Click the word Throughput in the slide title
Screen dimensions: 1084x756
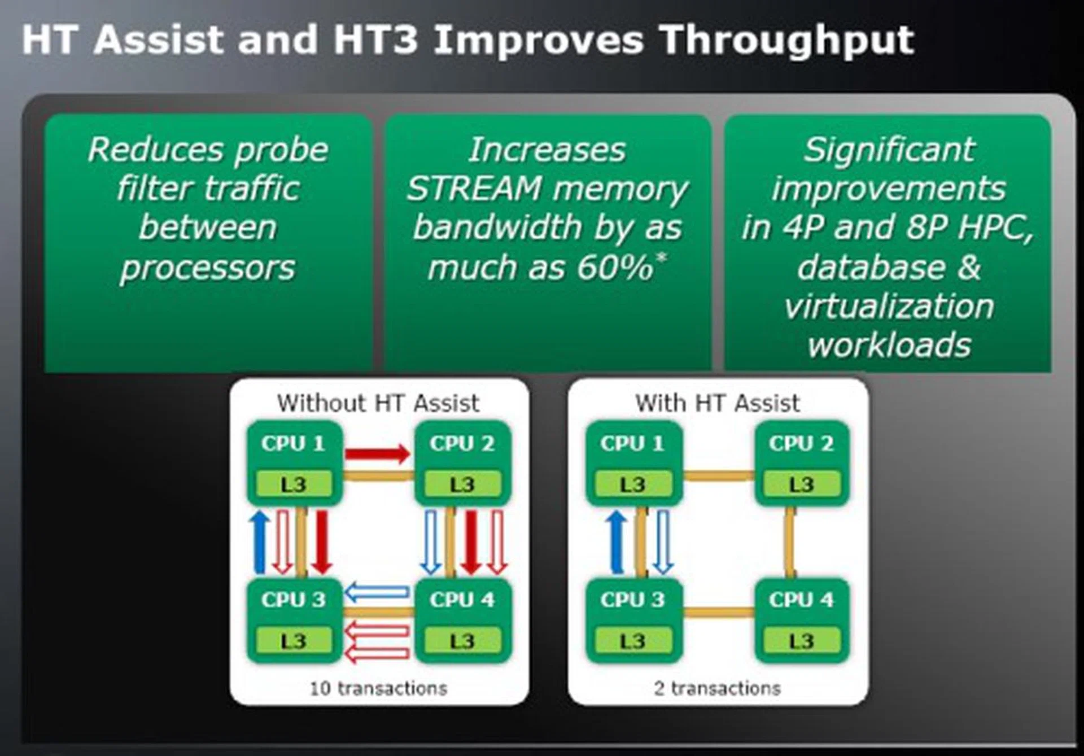coord(786,41)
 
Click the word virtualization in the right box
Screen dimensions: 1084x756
coord(889,306)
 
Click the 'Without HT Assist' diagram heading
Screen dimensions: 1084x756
coord(378,404)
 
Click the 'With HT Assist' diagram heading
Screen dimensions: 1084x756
coord(718,404)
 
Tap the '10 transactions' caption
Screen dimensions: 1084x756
coord(378,688)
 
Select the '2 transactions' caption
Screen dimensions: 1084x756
coord(718,688)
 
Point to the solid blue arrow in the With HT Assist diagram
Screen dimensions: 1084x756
coord(617,542)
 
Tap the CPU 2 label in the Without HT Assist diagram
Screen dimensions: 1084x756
coord(462,444)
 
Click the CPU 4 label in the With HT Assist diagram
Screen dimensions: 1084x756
coord(801,600)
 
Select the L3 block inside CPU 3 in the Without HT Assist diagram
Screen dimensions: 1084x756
coord(294,641)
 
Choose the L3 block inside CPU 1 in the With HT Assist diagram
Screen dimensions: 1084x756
coord(632,484)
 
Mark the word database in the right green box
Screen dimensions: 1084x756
coord(871,267)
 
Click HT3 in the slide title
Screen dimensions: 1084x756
coord(375,41)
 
